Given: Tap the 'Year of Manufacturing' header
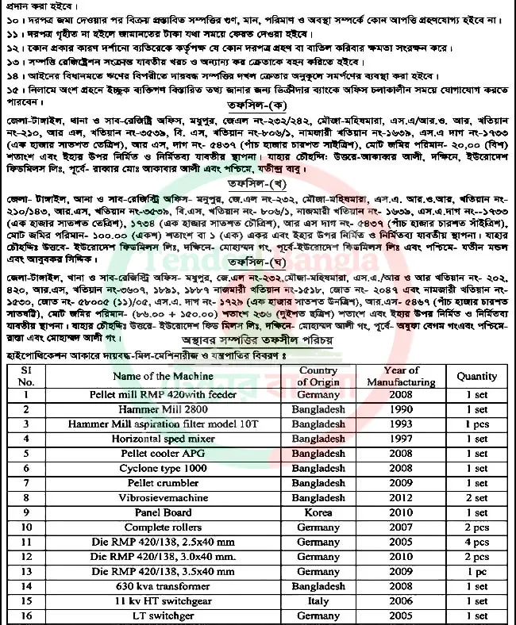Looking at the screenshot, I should (401, 376).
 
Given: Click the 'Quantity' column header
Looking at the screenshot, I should (476, 377).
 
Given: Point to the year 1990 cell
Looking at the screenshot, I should (401, 409).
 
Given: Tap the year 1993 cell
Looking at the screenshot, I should (401, 424).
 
